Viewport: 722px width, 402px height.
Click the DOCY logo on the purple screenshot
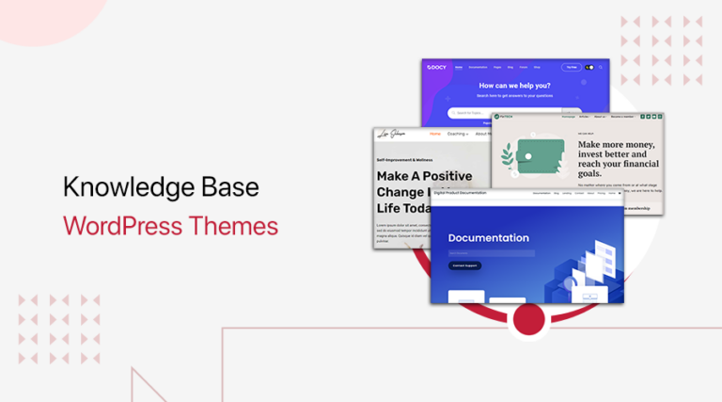[437, 68]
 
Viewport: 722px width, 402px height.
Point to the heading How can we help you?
[515, 85]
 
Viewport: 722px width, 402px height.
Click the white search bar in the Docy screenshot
[498, 113]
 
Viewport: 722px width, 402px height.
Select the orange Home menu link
[434, 134]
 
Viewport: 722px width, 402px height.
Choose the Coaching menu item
[459, 134]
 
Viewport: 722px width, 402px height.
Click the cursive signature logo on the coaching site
[396, 135]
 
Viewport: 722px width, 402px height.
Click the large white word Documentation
[488, 238]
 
